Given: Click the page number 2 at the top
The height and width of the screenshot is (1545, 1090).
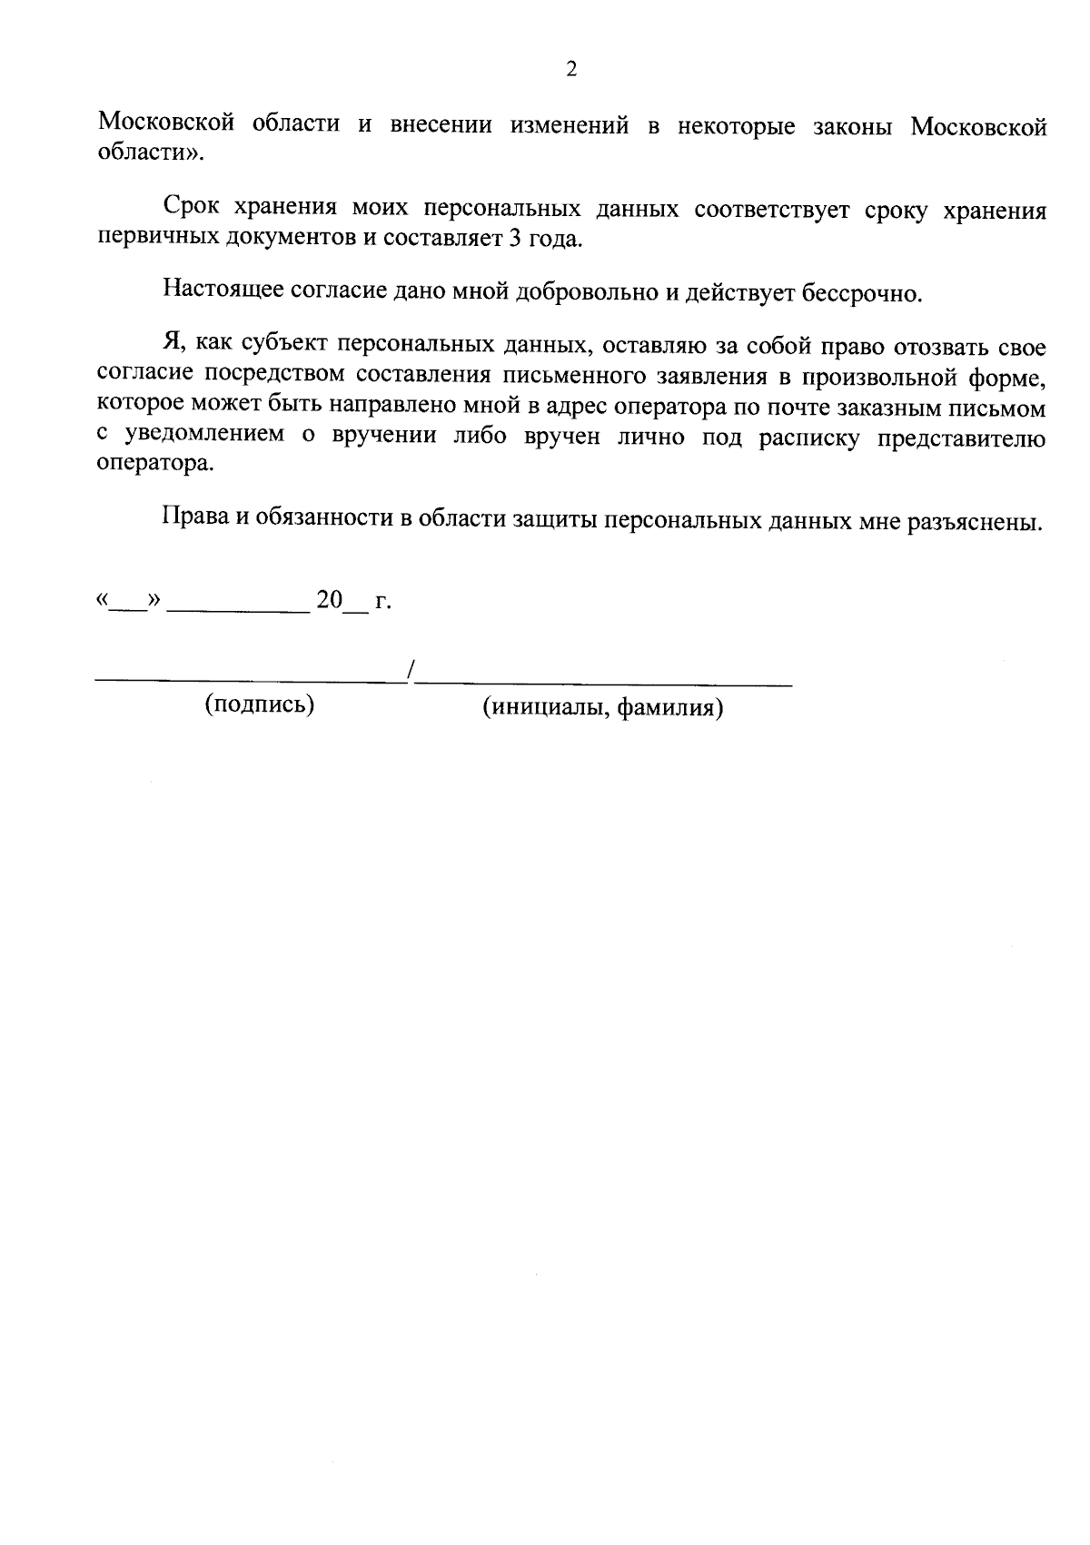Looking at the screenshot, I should (570, 70).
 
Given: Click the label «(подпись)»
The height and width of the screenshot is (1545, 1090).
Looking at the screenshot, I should (260, 704).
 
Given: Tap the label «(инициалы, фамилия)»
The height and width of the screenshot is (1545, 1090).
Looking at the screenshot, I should (602, 706).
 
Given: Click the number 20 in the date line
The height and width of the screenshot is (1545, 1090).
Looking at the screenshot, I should (328, 600).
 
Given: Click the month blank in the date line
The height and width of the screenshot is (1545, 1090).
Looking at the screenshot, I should (238, 609).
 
